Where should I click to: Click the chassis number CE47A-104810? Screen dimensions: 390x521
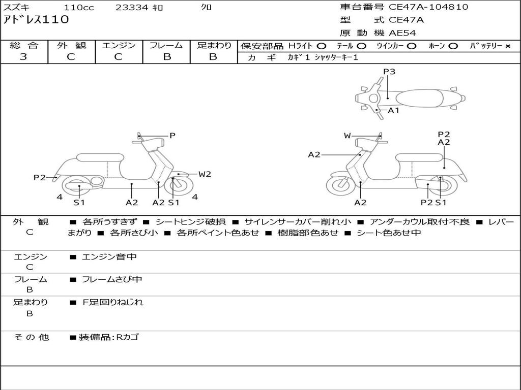coord(428,7)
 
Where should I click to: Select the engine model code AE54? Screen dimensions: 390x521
coord(402,33)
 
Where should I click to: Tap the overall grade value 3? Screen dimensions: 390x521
coord(23,57)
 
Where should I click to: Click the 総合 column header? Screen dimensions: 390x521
coord(23,45)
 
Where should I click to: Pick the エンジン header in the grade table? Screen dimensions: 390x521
coord(119,45)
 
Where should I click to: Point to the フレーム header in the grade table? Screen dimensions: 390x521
coord(166,45)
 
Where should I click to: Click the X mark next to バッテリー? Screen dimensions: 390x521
coord(507,46)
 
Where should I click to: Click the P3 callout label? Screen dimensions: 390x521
coord(389,72)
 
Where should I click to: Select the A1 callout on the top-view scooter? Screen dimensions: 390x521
coord(394,110)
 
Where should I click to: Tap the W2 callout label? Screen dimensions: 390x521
coord(205,174)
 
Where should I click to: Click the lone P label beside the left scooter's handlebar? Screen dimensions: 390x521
coord(172,136)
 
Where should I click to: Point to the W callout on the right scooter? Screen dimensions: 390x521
coord(347,136)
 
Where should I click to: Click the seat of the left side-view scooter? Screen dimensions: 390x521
coord(100,157)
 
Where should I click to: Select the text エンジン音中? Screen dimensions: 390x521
coord(109,257)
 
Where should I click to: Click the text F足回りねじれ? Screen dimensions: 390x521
coord(113,302)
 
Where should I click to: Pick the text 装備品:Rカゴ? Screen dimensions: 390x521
coord(108,337)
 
